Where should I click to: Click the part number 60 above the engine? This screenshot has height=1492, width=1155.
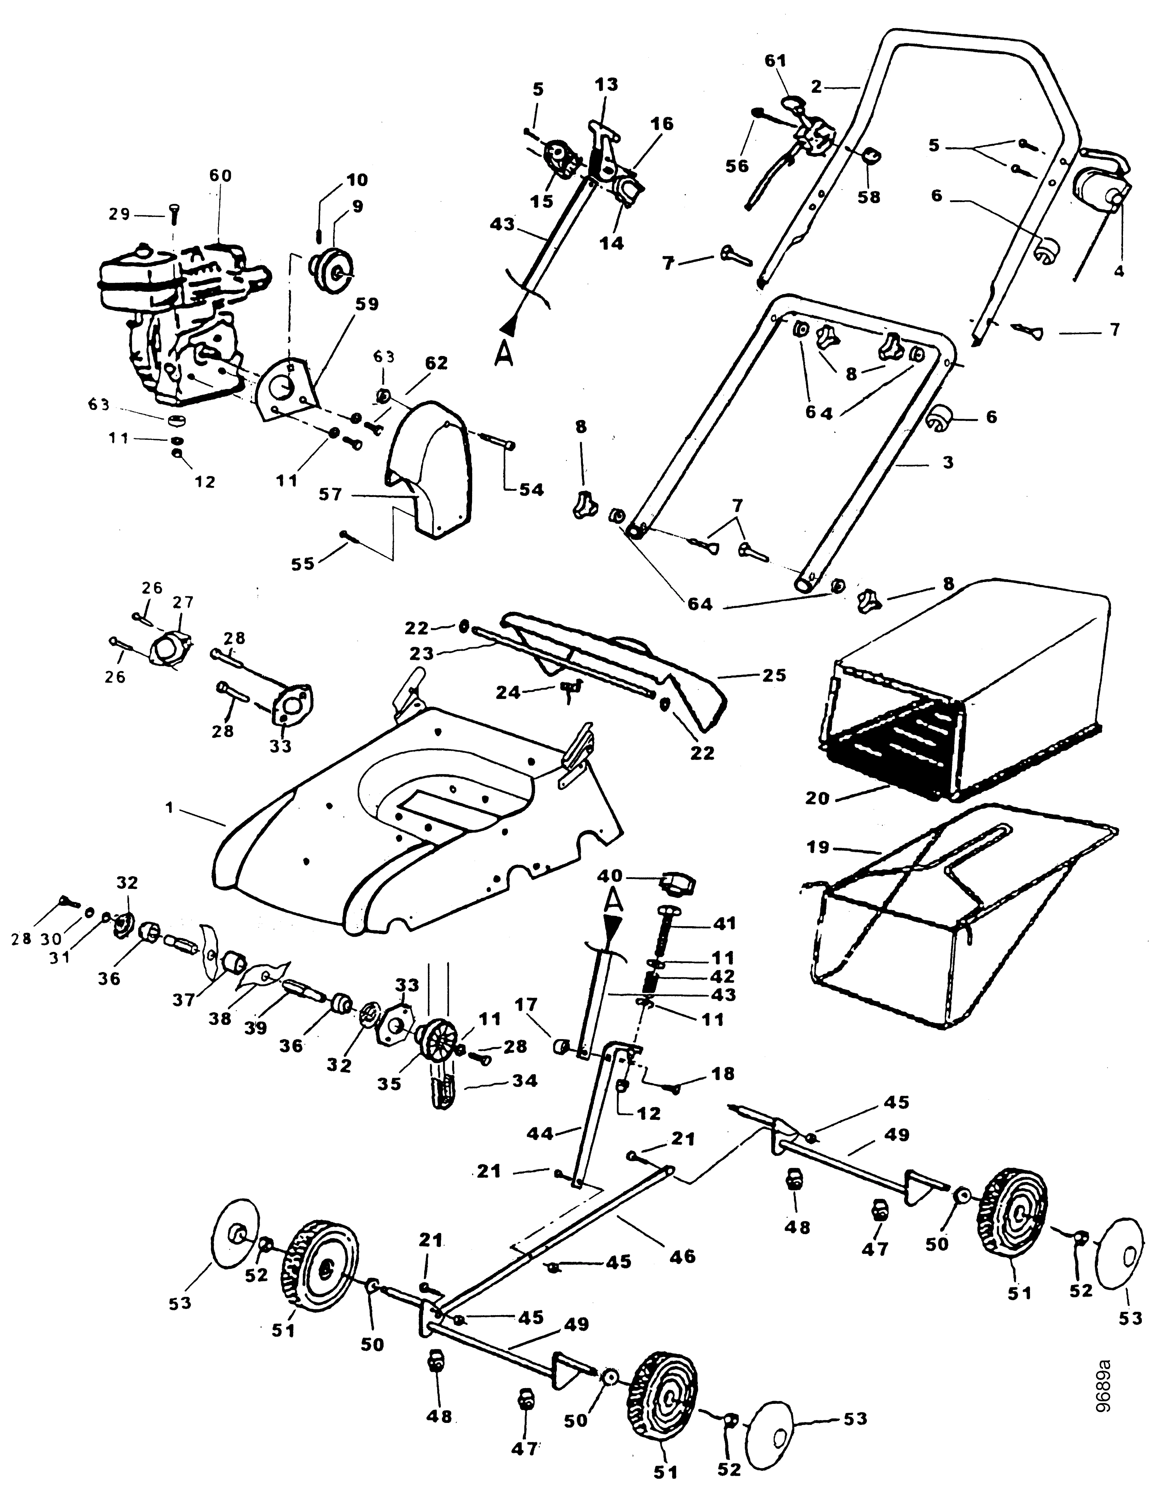tap(220, 176)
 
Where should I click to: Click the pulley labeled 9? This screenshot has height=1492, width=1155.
tap(333, 264)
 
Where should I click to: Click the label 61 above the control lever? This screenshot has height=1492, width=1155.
tap(775, 61)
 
